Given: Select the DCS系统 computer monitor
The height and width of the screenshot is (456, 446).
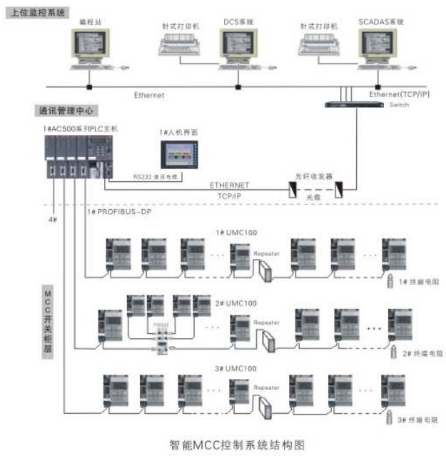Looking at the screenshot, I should [241, 49].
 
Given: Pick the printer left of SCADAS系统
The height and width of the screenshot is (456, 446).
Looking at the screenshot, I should [318, 49].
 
